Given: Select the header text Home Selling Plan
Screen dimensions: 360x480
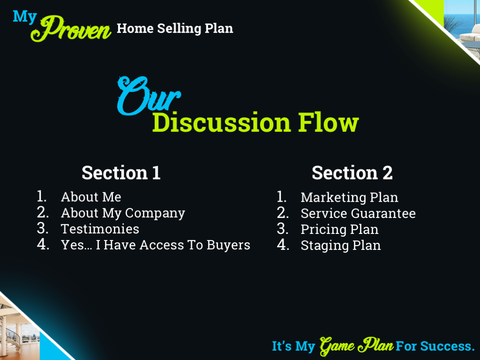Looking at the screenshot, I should point(175,28).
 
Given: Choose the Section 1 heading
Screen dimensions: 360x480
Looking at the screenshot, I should point(121,172).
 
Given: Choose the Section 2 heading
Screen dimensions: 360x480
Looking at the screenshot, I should point(352,172).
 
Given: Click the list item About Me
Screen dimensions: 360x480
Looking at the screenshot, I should point(91,197).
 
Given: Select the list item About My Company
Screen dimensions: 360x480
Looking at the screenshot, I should point(123,213).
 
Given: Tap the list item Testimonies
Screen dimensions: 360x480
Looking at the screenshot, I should point(100,229).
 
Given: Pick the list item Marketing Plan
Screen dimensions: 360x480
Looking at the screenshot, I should point(349,197).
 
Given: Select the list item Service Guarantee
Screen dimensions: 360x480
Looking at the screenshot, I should point(358,213).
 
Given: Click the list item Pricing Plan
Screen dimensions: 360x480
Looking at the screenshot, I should point(339,229).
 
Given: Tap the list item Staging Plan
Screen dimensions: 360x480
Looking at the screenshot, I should point(341,245).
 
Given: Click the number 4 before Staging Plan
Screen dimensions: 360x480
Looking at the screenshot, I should point(283,245).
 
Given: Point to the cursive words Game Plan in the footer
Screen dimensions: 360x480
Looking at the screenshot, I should point(356,346).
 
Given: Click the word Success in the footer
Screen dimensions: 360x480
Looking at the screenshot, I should point(447,346).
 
